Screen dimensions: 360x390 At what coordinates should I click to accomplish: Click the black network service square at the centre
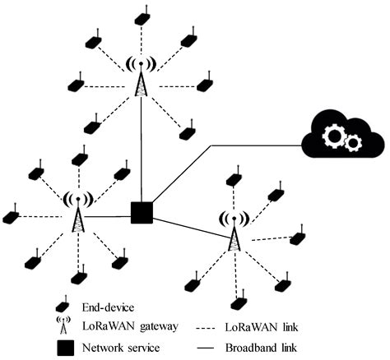(142, 213)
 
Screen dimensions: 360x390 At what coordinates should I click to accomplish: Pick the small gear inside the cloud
(351, 144)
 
